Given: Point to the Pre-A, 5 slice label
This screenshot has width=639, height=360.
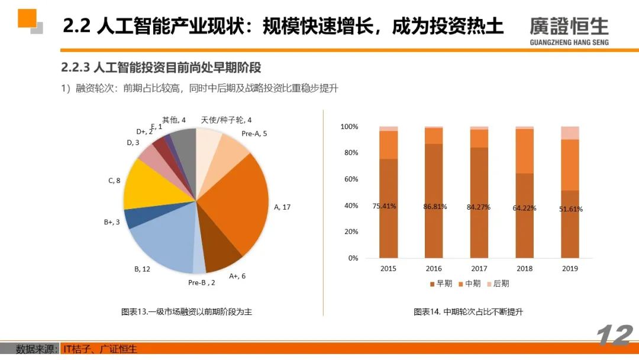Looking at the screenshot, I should click(254, 134).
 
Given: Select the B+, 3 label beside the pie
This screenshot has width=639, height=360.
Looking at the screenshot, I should click(112, 223).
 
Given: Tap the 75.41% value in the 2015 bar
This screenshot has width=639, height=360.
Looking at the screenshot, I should click(385, 206).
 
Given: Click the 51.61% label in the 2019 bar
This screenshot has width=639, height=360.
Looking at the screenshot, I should click(571, 209).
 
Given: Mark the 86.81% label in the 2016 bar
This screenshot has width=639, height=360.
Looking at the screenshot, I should click(435, 207).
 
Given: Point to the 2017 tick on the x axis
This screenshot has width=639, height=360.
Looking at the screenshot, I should click(480, 269).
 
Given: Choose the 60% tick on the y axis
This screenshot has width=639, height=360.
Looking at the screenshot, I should click(349, 179).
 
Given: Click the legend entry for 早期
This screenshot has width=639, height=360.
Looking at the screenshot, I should click(441, 284).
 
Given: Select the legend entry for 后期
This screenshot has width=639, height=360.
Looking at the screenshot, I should click(498, 284).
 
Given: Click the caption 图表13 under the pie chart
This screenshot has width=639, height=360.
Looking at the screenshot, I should click(182, 311).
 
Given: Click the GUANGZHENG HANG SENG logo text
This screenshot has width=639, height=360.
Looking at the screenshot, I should click(569, 42).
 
